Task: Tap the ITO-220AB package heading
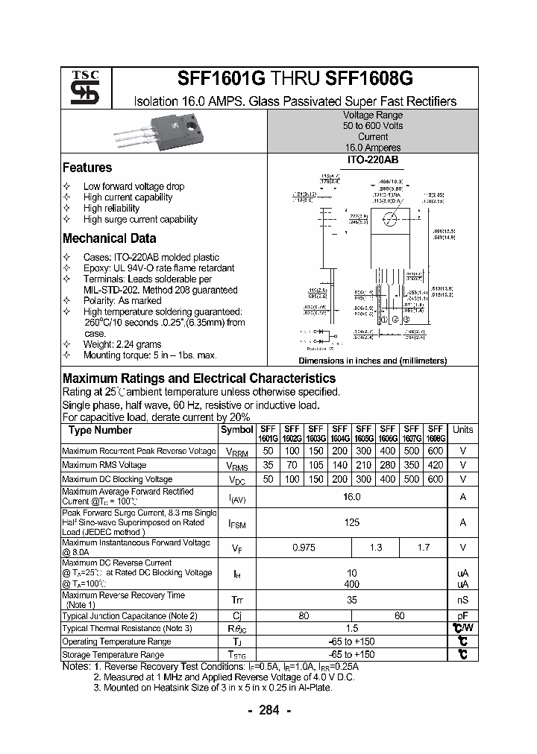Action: coord(372,160)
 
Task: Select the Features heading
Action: coord(87,168)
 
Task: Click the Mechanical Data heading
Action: coord(109,239)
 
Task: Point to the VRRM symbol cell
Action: coord(236,452)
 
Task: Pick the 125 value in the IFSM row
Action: coord(351,523)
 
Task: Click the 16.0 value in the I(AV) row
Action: coord(351,497)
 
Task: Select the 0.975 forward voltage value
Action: coord(303,548)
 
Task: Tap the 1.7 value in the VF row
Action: coord(424,548)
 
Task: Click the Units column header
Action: coord(462,430)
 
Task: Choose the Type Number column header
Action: coord(100,430)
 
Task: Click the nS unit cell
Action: coord(462,600)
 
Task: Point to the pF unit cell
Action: coord(462,616)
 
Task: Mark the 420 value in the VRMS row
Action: coord(436,465)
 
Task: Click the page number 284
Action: coord(268,711)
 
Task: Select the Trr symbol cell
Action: coord(236,600)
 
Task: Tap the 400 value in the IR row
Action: coord(351,584)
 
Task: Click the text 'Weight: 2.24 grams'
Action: coord(122,345)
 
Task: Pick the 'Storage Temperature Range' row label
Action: coord(113,655)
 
